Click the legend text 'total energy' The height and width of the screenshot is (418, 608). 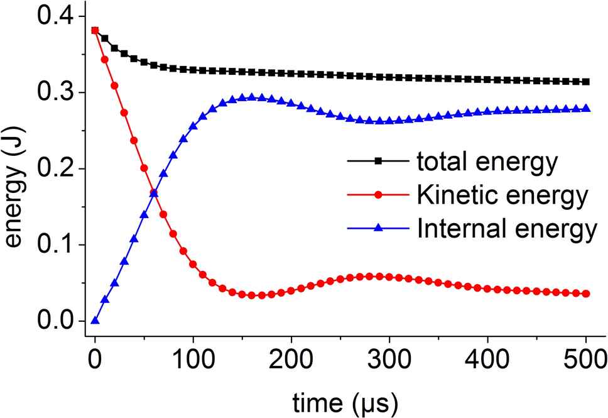(x=487, y=162)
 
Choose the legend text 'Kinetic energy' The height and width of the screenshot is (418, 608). (x=502, y=196)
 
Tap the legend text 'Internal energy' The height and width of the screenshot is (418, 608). (x=506, y=229)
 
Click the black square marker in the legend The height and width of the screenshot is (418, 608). (x=378, y=162)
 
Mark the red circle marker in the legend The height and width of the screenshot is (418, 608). (x=378, y=195)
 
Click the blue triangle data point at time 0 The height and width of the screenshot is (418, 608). (x=95, y=321)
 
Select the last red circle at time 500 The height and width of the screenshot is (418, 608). (x=586, y=294)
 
